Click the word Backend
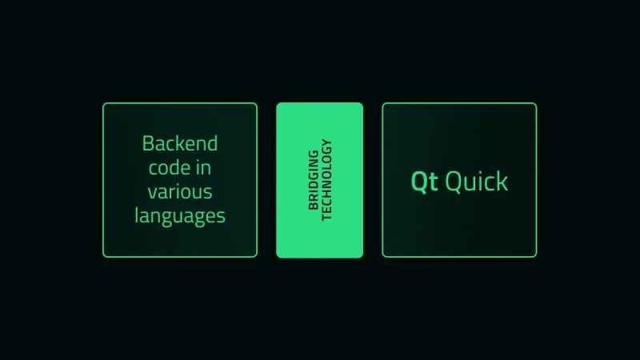tap(180, 144)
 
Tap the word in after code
tap(203, 168)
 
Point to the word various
tap(180, 192)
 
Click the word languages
tap(180, 216)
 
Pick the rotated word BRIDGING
tap(314, 180)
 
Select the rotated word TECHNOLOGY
tap(326, 180)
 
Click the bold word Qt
tap(425, 182)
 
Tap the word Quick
tap(477, 181)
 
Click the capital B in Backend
tap(148, 144)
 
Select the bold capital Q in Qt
tap(418, 182)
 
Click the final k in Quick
tap(503, 181)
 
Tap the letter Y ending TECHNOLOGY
tap(326, 143)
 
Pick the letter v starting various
tap(153, 193)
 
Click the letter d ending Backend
tap(212, 144)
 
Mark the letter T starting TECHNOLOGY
tap(326, 218)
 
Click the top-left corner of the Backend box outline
tap(103, 103)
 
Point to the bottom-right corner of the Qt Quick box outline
tap(536, 257)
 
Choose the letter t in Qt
tap(434, 182)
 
